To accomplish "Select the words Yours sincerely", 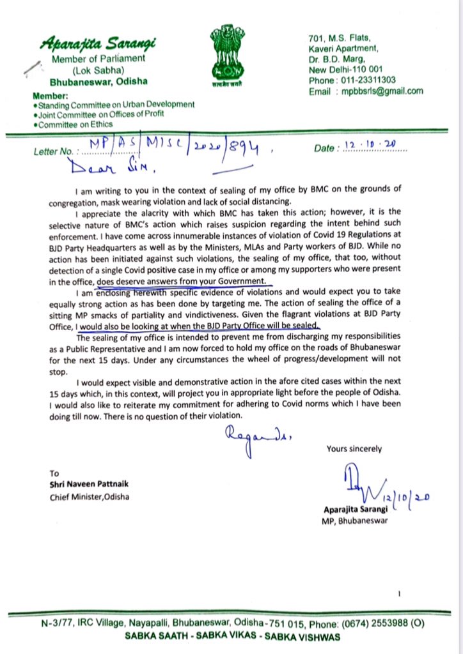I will point(354,449).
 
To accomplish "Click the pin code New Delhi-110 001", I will point(347,69).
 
